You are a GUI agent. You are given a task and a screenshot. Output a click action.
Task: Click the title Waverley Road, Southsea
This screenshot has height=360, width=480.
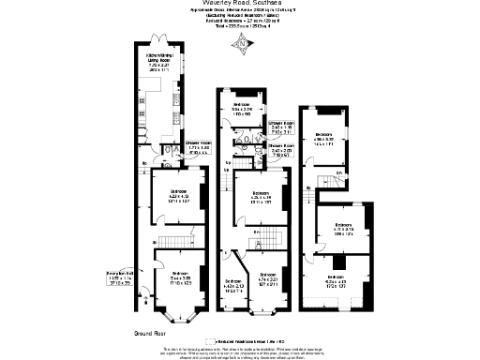tap(239, 5)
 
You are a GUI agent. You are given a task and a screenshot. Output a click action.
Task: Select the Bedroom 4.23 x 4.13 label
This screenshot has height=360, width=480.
tap(166, 197)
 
